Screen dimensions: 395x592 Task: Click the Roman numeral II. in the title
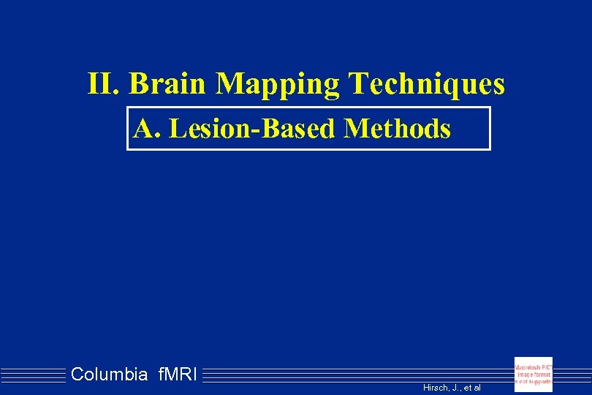coord(104,84)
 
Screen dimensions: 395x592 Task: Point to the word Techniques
coord(427,85)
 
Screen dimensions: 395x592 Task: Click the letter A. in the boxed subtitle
coord(146,129)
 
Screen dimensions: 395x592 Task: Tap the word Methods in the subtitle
coord(397,129)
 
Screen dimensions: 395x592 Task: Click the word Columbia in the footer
coord(109,375)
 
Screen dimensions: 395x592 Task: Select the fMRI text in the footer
coord(177,375)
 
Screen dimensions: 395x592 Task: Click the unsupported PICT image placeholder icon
coord(533,375)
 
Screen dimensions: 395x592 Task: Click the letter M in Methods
coord(357,129)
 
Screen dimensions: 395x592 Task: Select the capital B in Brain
coord(139,84)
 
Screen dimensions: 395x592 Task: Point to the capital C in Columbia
coord(77,375)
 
